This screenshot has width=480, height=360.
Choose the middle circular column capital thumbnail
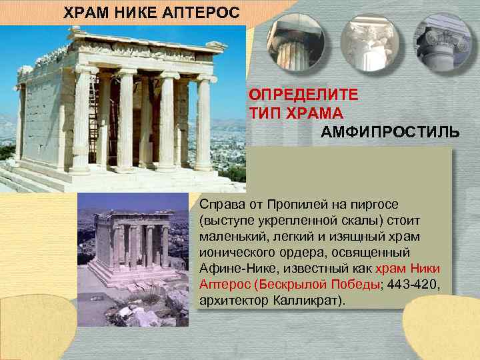[x=368, y=42]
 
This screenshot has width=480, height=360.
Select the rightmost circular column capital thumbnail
[x=443, y=42]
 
